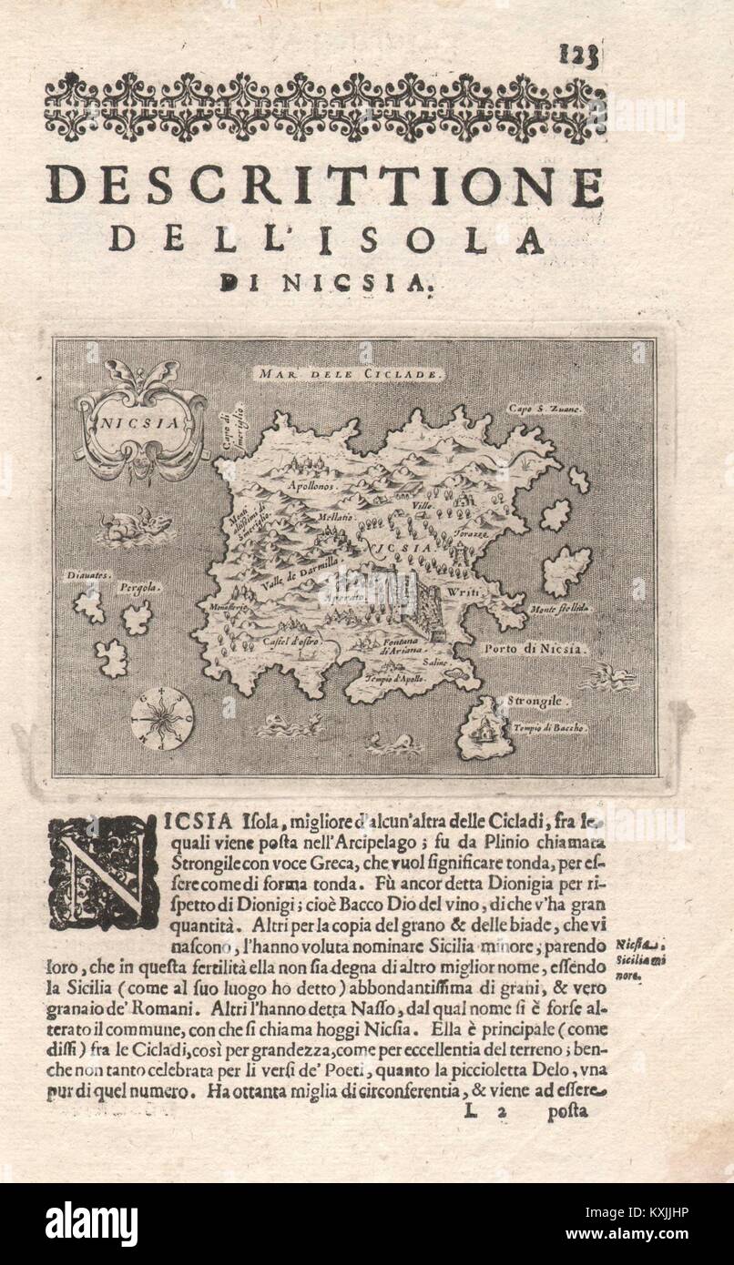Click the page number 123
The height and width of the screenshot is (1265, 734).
coord(578,56)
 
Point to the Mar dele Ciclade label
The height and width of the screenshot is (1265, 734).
coord(349,373)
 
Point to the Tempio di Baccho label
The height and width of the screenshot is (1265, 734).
coord(550,728)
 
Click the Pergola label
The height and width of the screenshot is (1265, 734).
coord(138,588)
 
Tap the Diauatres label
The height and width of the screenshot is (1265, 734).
coord(87,575)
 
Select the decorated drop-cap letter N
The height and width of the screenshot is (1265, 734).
coord(103,871)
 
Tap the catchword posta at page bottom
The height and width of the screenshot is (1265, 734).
coord(567,1111)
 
